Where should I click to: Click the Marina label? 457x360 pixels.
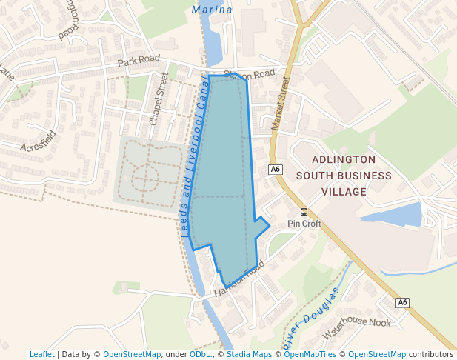coord(212,10)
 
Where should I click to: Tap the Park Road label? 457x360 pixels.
coord(139,59)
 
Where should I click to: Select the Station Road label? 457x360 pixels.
coord(250,74)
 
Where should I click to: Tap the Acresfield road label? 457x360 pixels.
coord(39,141)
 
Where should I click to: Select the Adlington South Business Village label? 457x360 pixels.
coord(344,176)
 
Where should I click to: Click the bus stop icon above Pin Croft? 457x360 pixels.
coord(304,212)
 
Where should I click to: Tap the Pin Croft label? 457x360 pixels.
coord(304,224)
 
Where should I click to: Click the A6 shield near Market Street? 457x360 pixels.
coord(276,170)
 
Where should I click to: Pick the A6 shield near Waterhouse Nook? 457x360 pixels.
coord(402,302)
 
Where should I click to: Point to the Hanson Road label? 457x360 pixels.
coord(239,282)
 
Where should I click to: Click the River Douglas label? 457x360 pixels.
coord(310,319)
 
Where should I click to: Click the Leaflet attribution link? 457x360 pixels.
coord(41,354)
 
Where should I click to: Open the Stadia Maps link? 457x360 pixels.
coord(249,354)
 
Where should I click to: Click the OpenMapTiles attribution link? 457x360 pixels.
coord(315,354)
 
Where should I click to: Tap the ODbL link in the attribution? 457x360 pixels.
coord(199,354)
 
